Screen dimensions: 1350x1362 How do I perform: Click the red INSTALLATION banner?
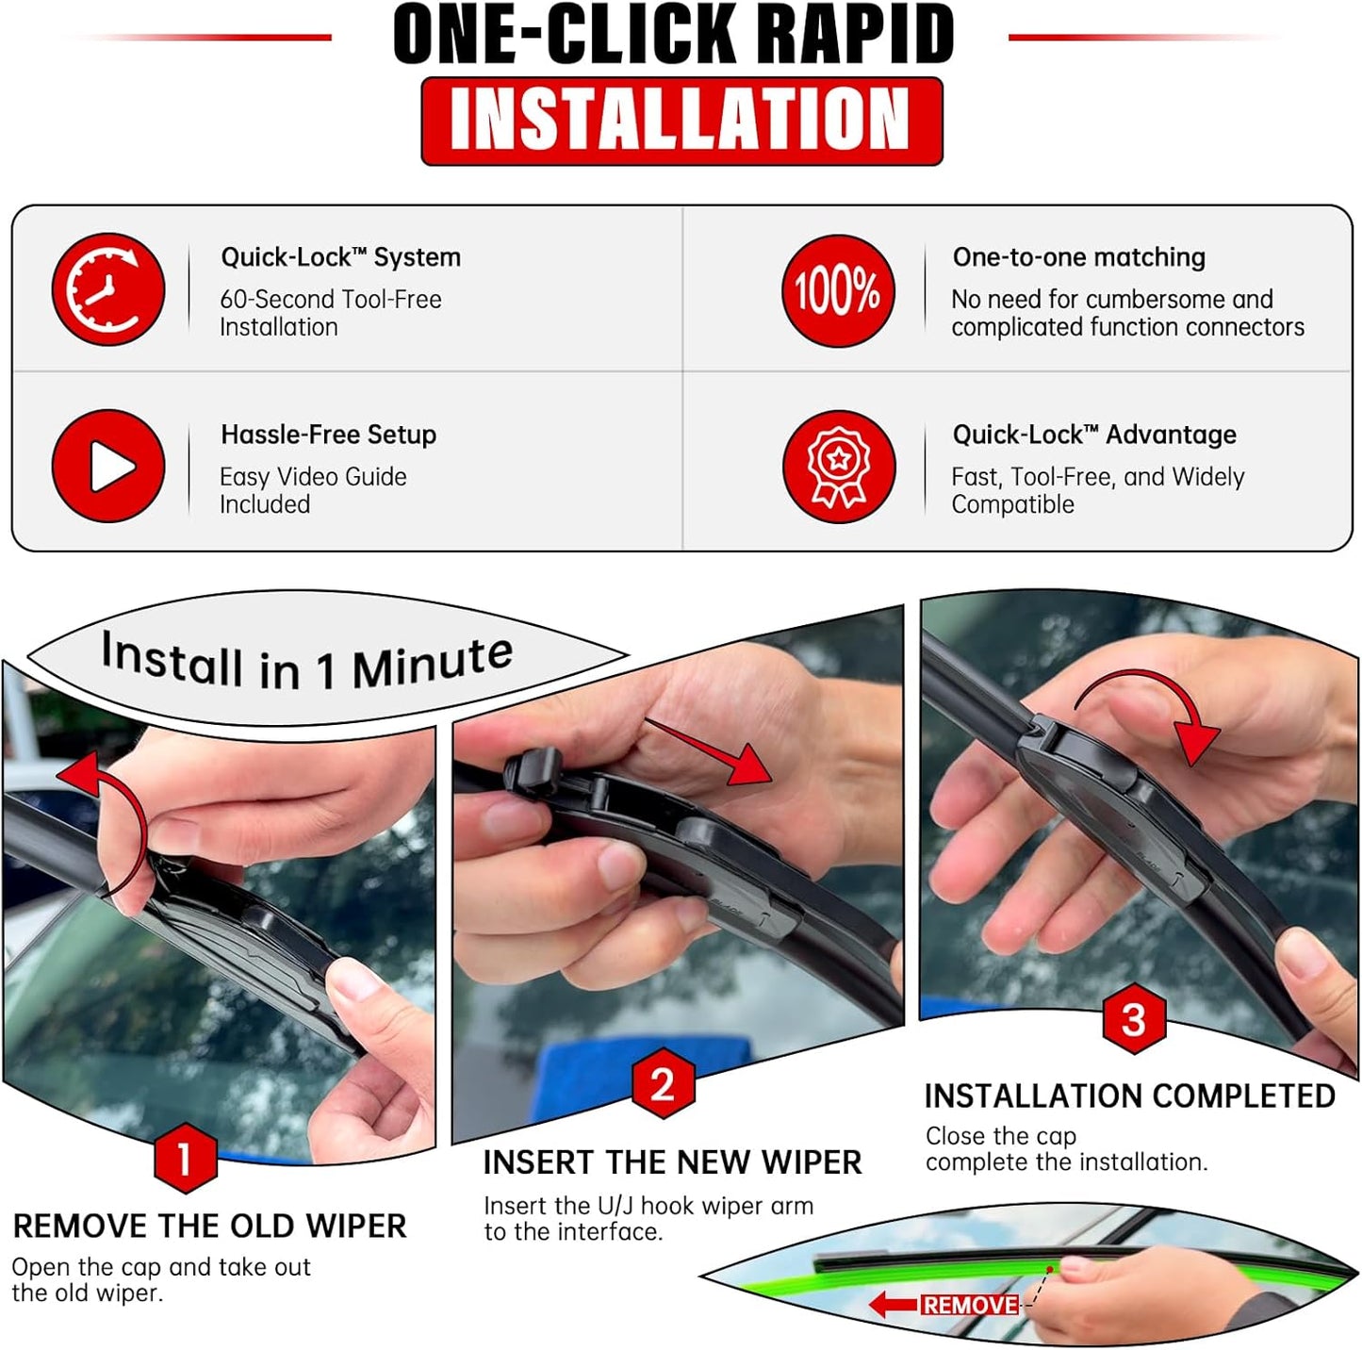[681, 121]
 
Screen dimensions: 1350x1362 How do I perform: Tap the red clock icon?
[107, 289]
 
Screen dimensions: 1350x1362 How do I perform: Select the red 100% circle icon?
[837, 290]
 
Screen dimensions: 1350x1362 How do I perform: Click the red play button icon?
[107, 466]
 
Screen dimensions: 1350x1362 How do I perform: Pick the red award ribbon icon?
[838, 467]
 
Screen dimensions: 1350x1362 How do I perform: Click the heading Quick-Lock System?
[340, 257]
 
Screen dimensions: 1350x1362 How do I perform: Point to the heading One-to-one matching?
[1078, 257]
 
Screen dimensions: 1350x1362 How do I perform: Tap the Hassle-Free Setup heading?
[328, 435]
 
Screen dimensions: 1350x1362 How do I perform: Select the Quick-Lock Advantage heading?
[1093, 435]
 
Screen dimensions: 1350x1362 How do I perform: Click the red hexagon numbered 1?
[185, 1157]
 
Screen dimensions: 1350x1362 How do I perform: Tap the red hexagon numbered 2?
[663, 1084]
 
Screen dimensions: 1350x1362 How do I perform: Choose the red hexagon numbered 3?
[1134, 1019]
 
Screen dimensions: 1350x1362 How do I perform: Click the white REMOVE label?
[970, 1305]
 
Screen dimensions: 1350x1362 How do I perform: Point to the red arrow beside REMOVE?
[892, 1305]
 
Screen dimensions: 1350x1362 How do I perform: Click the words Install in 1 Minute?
[307, 663]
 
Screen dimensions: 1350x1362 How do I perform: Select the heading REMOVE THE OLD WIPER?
[209, 1227]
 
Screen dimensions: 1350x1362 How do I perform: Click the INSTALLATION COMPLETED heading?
[1129, 1096]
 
